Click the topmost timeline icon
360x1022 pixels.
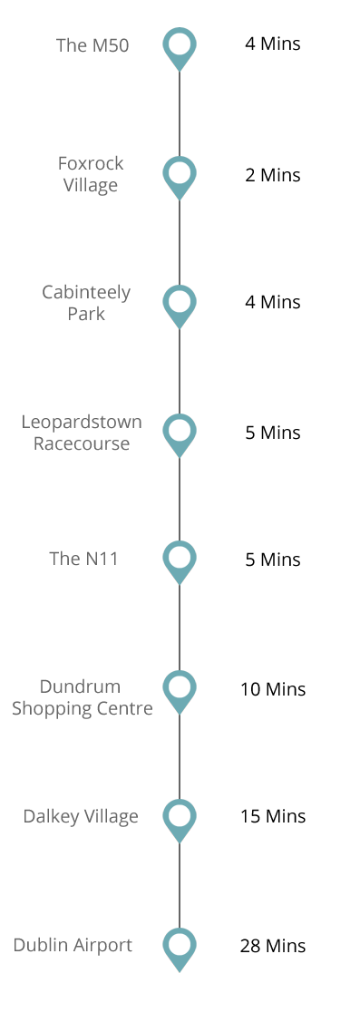(180, 49)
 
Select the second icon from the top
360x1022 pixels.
(180, 178)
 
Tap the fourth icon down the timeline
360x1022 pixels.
(180, 435)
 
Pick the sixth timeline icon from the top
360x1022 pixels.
(180, 692)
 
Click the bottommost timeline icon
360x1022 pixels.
(180, 949)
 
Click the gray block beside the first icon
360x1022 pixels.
(92, 44)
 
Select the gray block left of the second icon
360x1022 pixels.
(92, 175)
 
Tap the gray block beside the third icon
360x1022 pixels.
(86, 302)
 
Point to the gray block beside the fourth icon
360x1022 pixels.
(82, 432)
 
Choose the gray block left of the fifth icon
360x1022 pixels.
(83, 558)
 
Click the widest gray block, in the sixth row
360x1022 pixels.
(83, 698)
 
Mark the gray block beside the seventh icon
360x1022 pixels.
(81, 817)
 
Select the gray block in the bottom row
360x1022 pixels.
(73, 946)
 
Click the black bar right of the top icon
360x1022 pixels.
(272, 44)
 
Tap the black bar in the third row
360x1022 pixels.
(272, 302)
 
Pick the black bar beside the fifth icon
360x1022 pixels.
(273, 560)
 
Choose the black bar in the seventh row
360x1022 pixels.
(273, 816)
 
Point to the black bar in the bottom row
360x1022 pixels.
(273, 946)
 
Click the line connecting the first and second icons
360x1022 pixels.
(180, 113)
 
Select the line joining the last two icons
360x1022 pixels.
(180, 885)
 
